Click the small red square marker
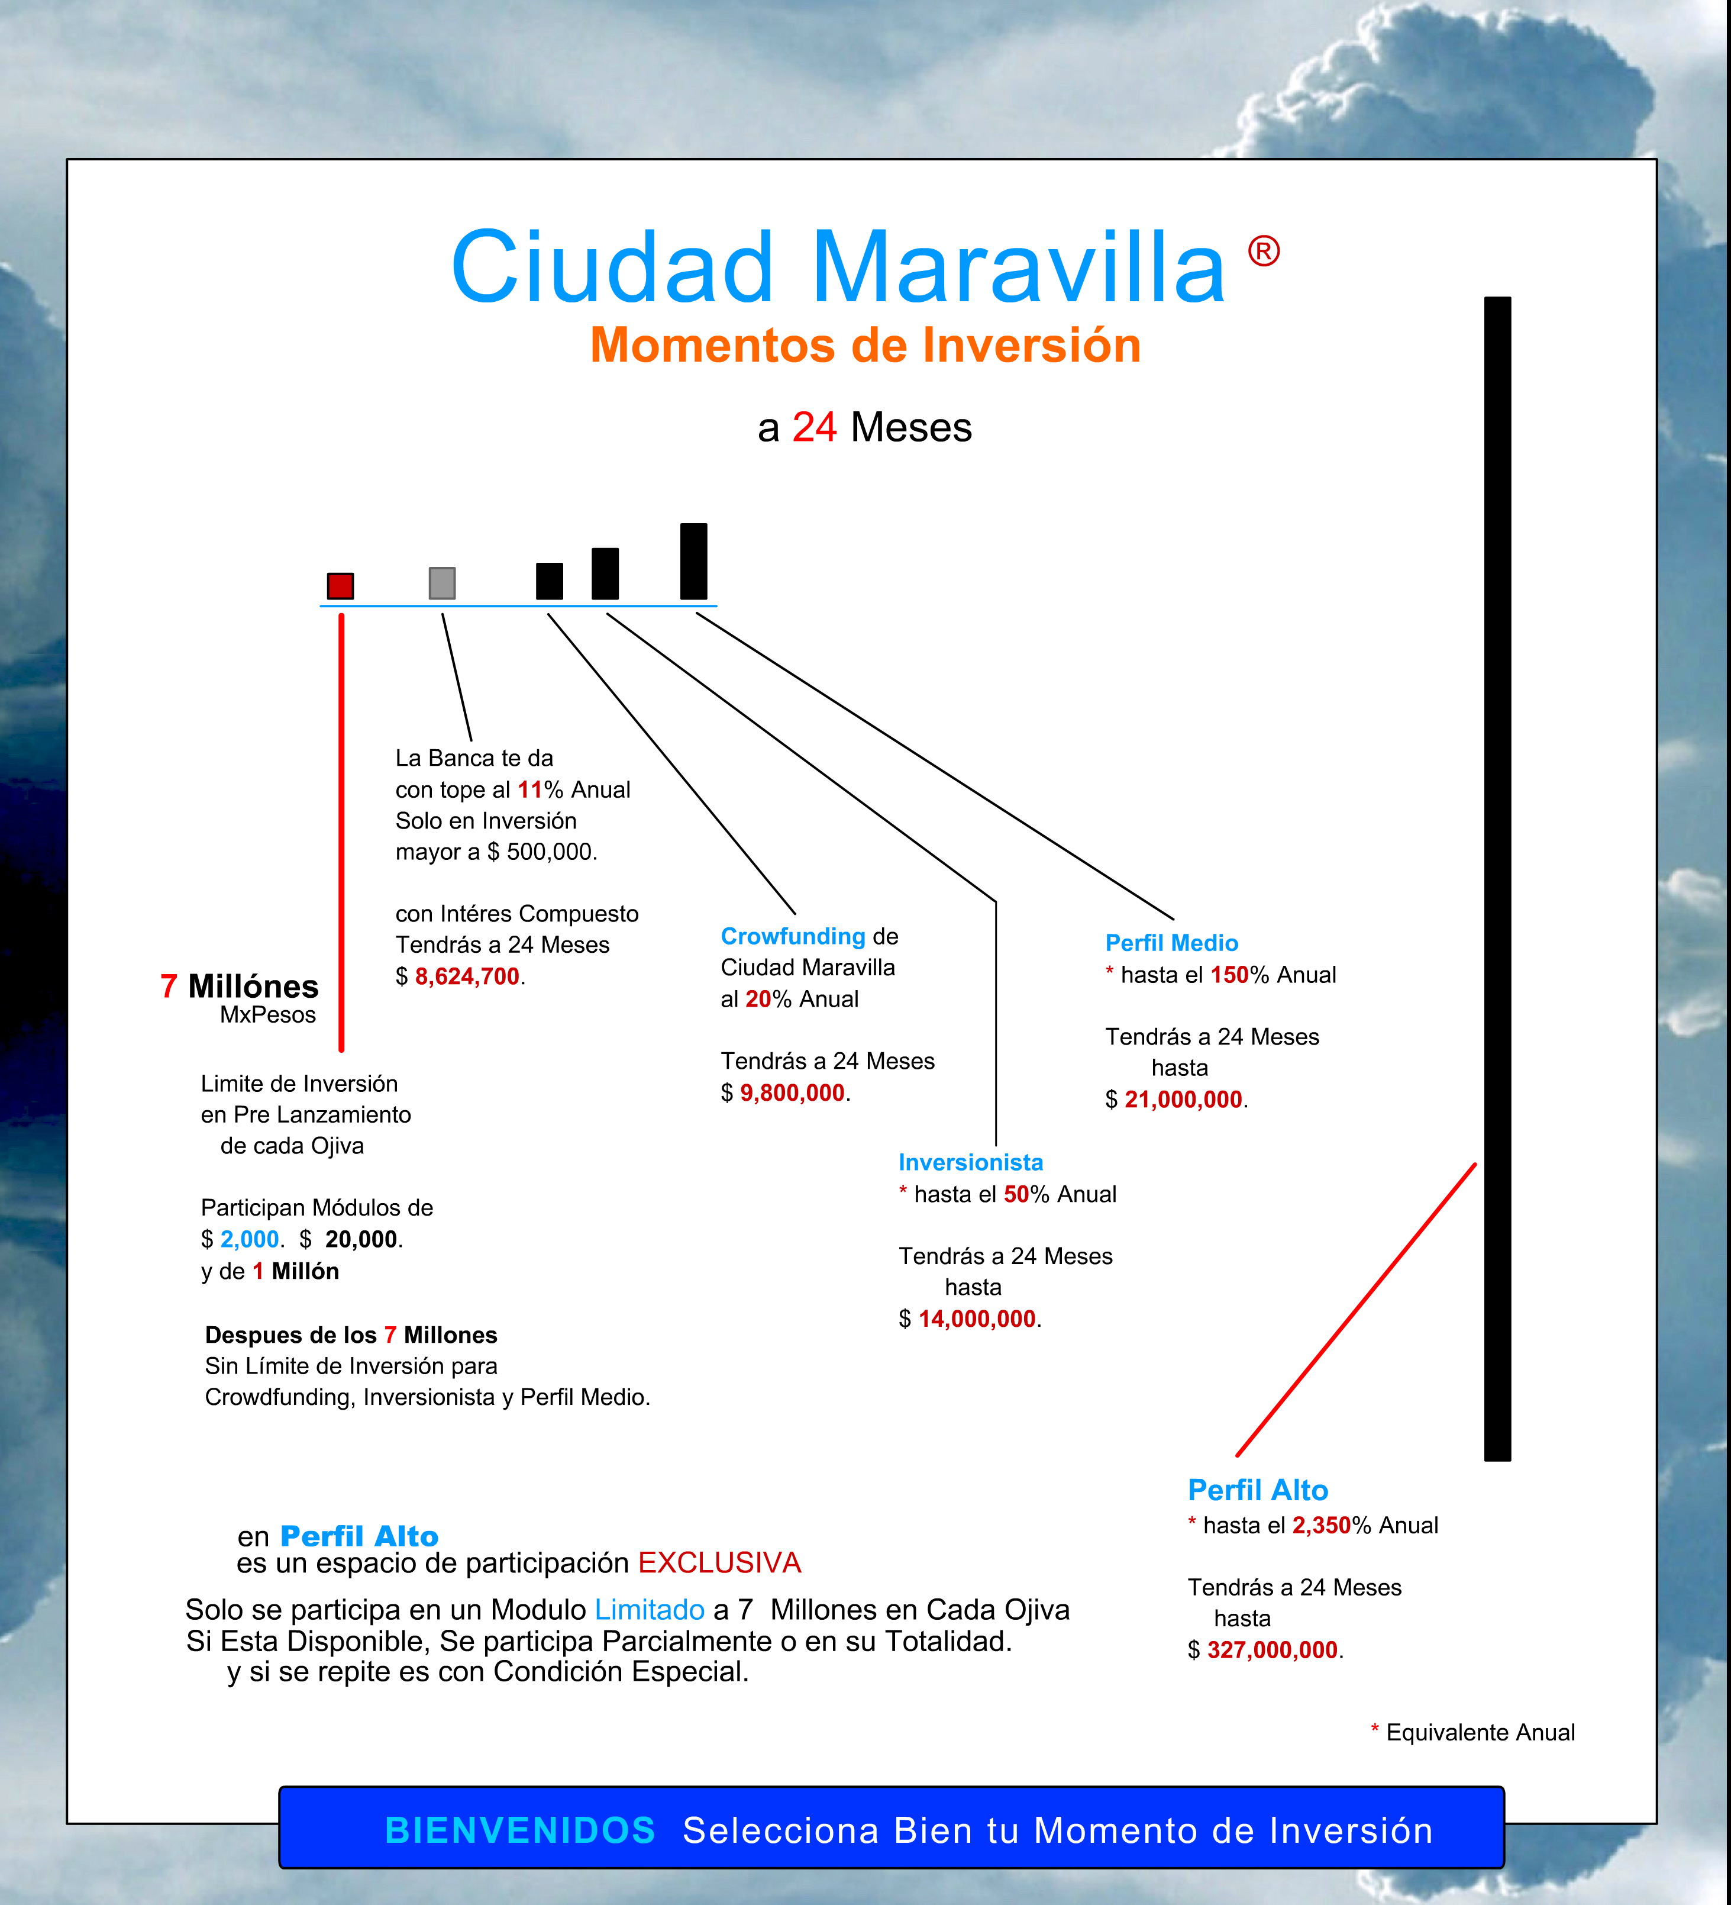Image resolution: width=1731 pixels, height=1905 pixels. [x=340, y=586]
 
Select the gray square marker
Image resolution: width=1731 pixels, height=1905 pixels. [x=442, y=583]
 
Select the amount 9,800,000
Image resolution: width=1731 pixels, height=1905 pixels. [x=792, y=1092]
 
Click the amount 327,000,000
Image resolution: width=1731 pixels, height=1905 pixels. [x=1272, y=1650]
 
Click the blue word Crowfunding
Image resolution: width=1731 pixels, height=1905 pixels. [x=793, y=936]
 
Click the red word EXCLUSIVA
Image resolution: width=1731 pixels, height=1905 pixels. [x=719, y=1563]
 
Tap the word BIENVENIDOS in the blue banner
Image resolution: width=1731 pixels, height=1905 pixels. [x=519, y=1830]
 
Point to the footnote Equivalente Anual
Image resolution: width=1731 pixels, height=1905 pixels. [x=1480, y=1732]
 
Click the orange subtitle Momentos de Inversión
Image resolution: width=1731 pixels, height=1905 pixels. [x=865, y=345]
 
